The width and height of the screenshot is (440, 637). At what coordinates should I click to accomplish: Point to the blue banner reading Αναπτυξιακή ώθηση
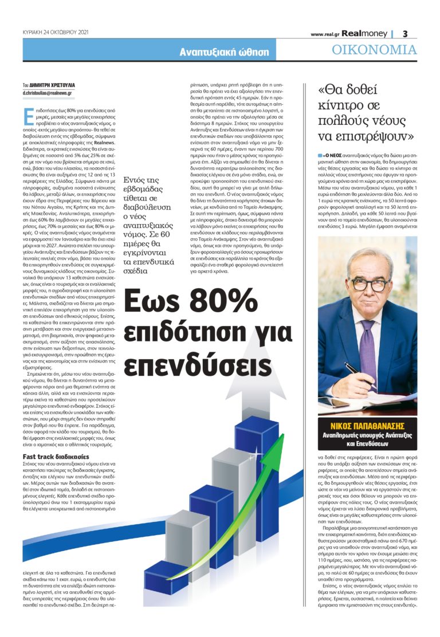(x=224, y=52)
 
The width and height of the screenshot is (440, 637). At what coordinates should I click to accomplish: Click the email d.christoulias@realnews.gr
(x=48, y=92)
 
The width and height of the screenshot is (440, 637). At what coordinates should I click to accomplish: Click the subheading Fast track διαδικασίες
(x=56, y=457)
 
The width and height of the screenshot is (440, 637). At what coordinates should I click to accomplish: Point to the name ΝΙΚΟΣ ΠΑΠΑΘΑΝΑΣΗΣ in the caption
(x=367, y=426)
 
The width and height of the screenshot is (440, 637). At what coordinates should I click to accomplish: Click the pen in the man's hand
(x=356, y=372)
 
